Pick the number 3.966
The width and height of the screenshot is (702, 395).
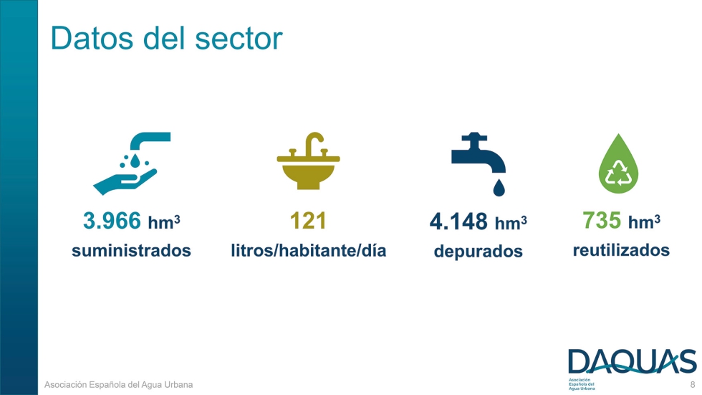tap(112, 222)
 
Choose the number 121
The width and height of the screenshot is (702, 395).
tap(308, 222)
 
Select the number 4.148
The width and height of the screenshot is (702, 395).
tap(458, 222)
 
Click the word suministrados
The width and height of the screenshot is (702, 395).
tap(131, 251)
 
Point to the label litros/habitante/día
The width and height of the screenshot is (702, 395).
tap(308, 251)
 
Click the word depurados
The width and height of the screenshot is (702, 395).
tap(478, 252)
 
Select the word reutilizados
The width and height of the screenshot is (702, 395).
tap(621, 250)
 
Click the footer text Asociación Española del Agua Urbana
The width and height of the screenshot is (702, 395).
tap(119, 385)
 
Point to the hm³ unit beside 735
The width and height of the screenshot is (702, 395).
tap(644, 222)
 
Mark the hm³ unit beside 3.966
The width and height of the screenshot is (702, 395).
tap(163, 223)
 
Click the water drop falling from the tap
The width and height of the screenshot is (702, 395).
tap(499, 187)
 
